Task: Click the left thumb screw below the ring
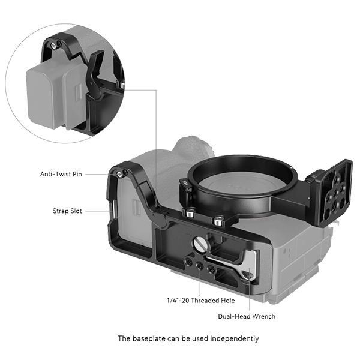click(190, 213)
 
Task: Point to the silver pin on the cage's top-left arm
click(120, 174)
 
